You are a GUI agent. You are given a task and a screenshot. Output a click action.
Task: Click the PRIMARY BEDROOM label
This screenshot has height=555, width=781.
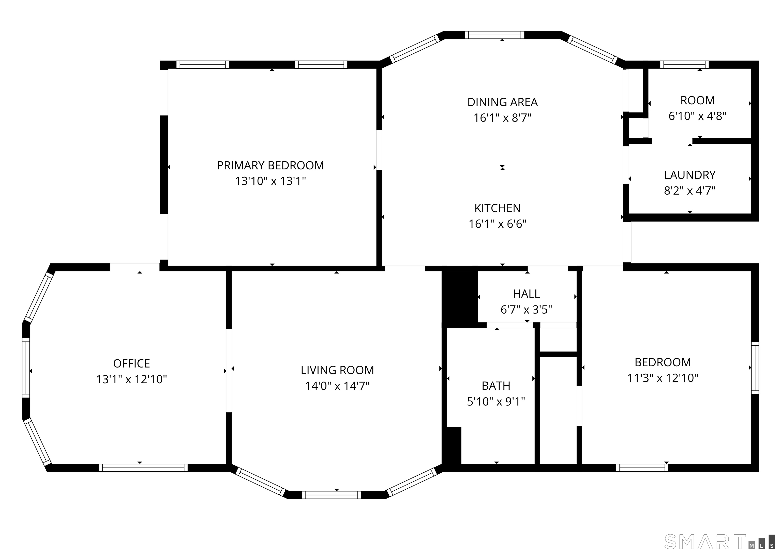pos(270,165)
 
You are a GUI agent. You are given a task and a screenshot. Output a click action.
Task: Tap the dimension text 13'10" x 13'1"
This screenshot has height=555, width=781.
pos(270,181)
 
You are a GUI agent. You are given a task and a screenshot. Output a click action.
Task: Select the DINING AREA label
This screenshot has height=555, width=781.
pos(502,102)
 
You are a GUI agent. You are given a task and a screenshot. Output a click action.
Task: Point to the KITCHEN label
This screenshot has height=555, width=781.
pos(497,208)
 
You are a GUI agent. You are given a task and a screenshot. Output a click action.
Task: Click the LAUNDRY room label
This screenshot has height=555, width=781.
pos(689,175)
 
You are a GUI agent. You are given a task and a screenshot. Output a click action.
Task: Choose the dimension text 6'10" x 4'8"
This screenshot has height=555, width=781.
pos(697,116)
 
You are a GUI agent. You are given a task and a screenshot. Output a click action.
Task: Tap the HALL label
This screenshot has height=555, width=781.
pos(526,294)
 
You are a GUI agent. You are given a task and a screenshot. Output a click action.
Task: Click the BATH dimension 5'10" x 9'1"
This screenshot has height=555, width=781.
pos(496,402)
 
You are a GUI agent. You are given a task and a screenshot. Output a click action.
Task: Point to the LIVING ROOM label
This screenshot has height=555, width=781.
pos(337,370)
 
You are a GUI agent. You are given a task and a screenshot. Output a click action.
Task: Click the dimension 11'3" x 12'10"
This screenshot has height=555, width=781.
pos(663,378)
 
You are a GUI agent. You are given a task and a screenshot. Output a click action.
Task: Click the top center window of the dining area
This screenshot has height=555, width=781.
pos(494,35)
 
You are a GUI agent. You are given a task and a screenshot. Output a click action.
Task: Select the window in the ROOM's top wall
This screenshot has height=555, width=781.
pos(684,65)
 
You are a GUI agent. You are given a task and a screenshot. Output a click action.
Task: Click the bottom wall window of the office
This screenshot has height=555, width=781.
pos(143,468)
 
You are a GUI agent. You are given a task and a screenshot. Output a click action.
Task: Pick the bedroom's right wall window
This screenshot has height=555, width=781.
pos(755,368)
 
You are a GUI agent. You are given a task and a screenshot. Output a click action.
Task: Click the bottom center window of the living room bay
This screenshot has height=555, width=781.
pos(331,495)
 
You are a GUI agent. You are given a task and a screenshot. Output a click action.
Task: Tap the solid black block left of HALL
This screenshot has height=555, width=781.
pos(459,297)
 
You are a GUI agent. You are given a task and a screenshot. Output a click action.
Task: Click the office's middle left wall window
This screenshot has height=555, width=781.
pos(26,368)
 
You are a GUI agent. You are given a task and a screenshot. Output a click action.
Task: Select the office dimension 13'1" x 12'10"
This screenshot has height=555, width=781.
pos(131,379)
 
